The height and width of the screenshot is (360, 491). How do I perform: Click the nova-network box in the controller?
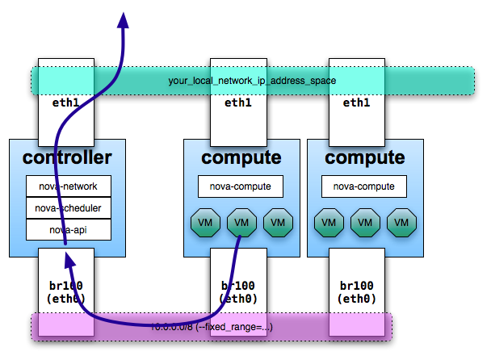click(68, 186)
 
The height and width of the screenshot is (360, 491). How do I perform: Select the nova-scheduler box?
click(68, 208)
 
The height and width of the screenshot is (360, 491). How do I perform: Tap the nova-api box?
click(68, 229)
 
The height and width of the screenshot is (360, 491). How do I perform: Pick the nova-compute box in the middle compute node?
click(241, 186)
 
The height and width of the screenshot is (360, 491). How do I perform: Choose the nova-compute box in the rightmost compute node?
click(364, 186)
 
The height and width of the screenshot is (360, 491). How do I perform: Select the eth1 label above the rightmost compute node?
click(356, 103)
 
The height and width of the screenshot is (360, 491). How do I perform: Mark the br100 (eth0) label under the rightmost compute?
click(356, 291)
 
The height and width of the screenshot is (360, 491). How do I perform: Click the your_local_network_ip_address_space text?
click(252, 81)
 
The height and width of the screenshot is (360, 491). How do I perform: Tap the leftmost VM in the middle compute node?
click(204, 222)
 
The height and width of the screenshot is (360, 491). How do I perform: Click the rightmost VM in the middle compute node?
click(278, 222)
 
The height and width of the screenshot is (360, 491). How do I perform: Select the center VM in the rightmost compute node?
click(364, 222)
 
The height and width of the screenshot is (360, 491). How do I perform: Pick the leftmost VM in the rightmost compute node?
click(328, 222)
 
